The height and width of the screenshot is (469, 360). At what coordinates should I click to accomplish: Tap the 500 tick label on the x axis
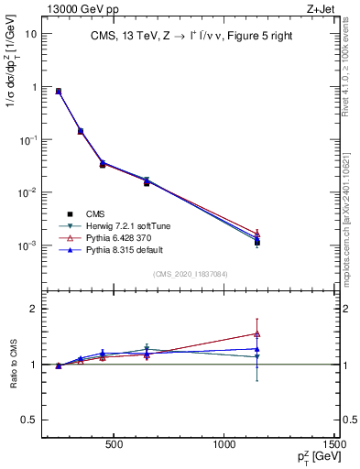click(x=115, y=447)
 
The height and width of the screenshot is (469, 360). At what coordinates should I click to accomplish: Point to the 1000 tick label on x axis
click(x=226, y=447)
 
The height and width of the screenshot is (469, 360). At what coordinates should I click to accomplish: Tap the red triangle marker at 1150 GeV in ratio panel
click(x=257, y=333)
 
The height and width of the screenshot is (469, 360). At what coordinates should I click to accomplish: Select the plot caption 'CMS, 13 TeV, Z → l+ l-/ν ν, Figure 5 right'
click(x=192, y=36)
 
